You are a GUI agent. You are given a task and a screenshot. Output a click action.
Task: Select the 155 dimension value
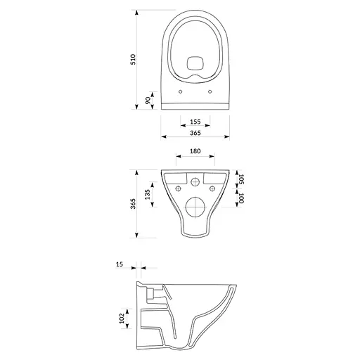click(x=195, y=122)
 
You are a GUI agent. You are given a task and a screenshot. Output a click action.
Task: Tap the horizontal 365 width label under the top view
click(x=195, y=134)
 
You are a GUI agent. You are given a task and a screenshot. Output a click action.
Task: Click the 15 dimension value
click(x=120, y=264)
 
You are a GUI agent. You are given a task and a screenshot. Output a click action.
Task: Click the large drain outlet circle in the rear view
click(x=195, y=209)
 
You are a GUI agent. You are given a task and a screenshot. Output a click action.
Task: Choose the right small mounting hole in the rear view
click(x=211, y=189)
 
